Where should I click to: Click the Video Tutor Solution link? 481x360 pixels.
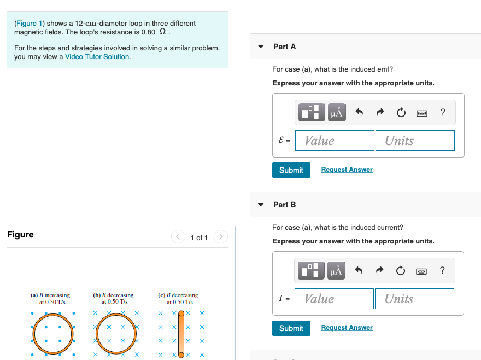(x=97, y=57)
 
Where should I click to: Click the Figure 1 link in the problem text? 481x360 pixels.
(x=26, y=24)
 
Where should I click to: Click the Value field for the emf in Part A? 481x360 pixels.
(x=335, y=141)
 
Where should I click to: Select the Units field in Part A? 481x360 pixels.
(x=415, y=141)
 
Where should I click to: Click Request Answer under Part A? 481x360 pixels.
(x=347, y=170)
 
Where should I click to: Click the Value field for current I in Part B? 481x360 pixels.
(x=335, y=299)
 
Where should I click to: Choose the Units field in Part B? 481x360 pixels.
(x=414, y=299)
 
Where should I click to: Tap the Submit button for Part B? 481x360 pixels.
(x=291, y=328)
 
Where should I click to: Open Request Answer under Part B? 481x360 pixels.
(x=347, y=328)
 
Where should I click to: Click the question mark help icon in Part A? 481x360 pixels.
(x=442, y=113)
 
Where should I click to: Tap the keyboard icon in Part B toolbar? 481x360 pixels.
(x=421, y=271)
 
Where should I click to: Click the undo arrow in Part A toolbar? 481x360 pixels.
(x=359, y=113)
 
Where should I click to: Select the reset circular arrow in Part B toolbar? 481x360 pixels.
(x=401, y=271)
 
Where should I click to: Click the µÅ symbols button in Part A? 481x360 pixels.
(x=336, y=113)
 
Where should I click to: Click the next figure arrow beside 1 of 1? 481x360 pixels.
(x=220, y=237)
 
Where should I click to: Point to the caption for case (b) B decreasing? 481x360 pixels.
(x=113, y=298)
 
